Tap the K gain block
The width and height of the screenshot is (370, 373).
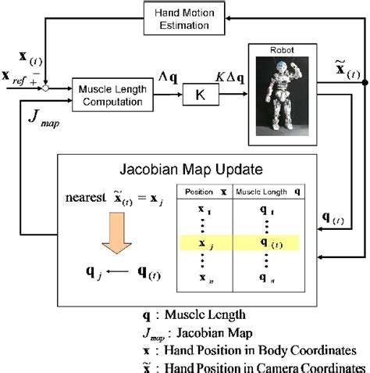pyautogui.click(x=198, y=95)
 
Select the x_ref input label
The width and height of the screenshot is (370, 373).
pyautogui.click(x=17, y=81)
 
